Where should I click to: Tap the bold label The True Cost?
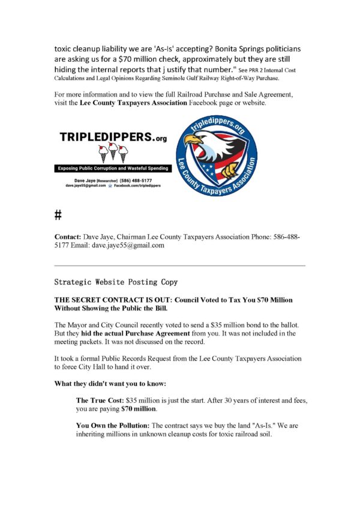point(97,399)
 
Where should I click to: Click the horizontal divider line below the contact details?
point(179,265)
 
